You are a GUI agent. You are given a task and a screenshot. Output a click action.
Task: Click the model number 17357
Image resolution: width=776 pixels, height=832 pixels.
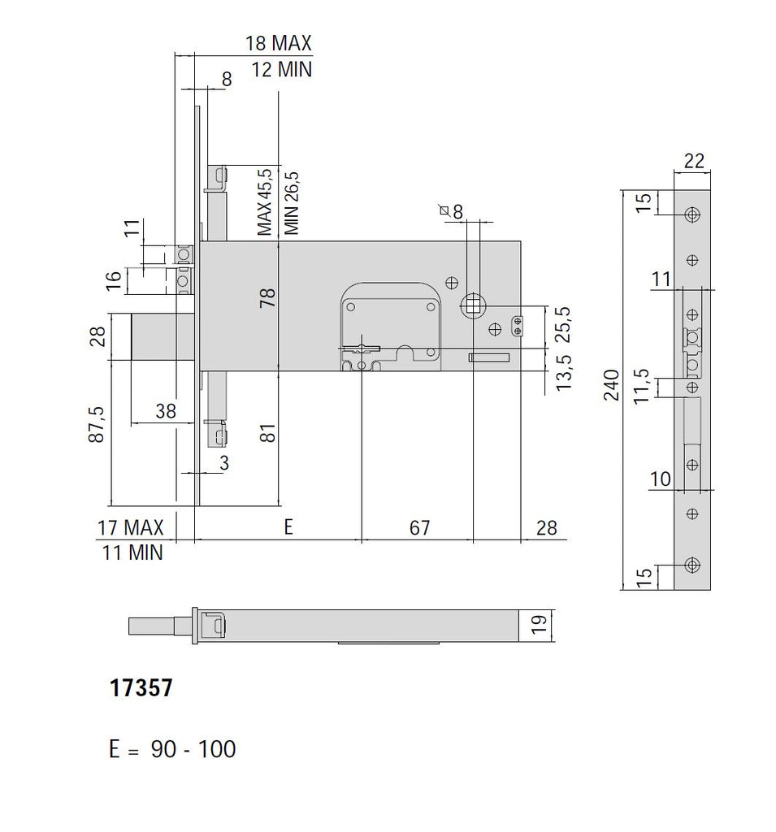(x=141, y=689)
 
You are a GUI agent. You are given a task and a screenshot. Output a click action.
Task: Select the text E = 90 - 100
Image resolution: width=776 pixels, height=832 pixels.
(x=172, y=748)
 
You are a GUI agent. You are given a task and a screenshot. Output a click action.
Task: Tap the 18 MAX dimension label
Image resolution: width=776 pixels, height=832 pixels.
(x=279, y=43)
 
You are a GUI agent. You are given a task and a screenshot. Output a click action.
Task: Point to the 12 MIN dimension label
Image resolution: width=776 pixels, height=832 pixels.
(x=281, y=70)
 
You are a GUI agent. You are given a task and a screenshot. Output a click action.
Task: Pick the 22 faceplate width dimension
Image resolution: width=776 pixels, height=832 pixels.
(x=693, y=161)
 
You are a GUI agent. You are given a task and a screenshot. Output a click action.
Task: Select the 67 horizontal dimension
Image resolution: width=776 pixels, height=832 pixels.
(x=418, y=528)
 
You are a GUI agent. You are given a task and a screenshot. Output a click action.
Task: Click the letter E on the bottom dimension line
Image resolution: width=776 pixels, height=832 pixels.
(x=288, y=528)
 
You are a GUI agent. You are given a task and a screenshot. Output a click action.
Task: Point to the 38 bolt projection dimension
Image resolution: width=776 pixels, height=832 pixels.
(x=165, y=412)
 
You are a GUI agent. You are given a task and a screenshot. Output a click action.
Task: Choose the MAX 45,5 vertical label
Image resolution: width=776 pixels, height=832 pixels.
(x=264, y=202)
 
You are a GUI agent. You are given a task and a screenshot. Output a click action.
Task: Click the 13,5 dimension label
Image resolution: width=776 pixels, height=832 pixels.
(x=561, y=370)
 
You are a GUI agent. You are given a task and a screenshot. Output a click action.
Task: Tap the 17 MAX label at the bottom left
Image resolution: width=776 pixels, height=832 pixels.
(x=130, y=528)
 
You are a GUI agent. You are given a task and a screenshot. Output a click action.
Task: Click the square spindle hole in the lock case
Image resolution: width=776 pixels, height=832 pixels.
(x=472, y=306)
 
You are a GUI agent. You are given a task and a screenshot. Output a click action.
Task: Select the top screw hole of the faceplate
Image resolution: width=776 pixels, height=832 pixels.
(x=691, y=214)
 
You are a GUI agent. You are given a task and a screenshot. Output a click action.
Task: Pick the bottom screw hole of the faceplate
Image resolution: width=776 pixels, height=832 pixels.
(x=691, y=565)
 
